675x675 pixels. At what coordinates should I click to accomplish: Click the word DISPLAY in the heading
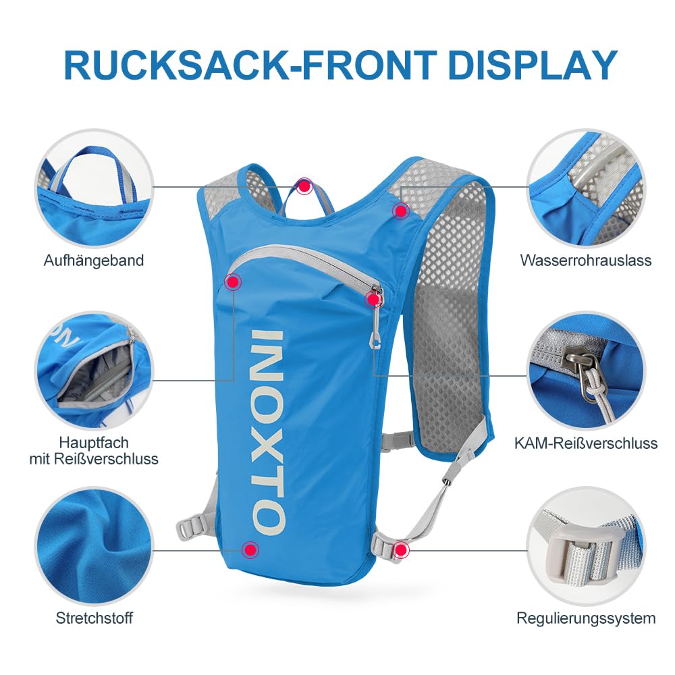tap(532, 65)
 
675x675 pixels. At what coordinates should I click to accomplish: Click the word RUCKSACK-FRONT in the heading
tap(250, 65)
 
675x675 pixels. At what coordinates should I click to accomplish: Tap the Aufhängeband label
tap(93, 261)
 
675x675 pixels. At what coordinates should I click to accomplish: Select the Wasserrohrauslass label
tap(585, 260)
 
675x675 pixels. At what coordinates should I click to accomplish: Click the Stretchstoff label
tap(94, 618)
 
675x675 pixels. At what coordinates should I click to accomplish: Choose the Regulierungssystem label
tap(586, 618)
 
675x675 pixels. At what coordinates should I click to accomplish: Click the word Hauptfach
tap(94, 443)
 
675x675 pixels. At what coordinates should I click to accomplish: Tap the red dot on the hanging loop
tap(304, 187)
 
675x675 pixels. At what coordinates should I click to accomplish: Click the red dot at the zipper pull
tap(373, 299)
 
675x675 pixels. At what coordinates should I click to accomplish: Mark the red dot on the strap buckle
tap(401, 549)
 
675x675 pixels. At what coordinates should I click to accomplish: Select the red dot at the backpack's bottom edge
tap(250, 549)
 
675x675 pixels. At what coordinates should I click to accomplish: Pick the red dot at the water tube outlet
tap(400, 211)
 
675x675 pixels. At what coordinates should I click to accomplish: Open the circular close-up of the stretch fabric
tap(94, 547)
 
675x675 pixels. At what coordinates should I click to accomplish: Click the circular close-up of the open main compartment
tap(94, 370)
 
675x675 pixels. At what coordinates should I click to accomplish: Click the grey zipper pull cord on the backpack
tap(376, 327)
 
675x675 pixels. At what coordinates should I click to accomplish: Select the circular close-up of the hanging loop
tap(94, 188)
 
